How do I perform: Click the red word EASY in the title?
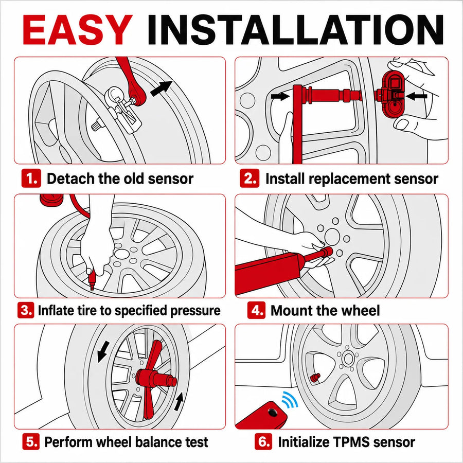[77, 29]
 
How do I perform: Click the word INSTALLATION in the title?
[295, 29]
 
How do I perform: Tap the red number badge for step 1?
[31, 178]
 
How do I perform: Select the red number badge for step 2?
[250, 178]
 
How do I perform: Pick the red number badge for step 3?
[26, 310]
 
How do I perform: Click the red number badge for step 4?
[256, 310]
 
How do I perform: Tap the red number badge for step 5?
[31, 442]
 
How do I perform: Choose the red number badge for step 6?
[263, 442]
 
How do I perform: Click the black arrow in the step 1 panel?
[161, 88]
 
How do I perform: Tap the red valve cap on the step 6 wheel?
[315, 377]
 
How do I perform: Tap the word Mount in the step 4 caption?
[291, 310]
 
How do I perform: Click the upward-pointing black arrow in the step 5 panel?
[179, 401]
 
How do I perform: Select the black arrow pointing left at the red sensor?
[417, 96]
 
